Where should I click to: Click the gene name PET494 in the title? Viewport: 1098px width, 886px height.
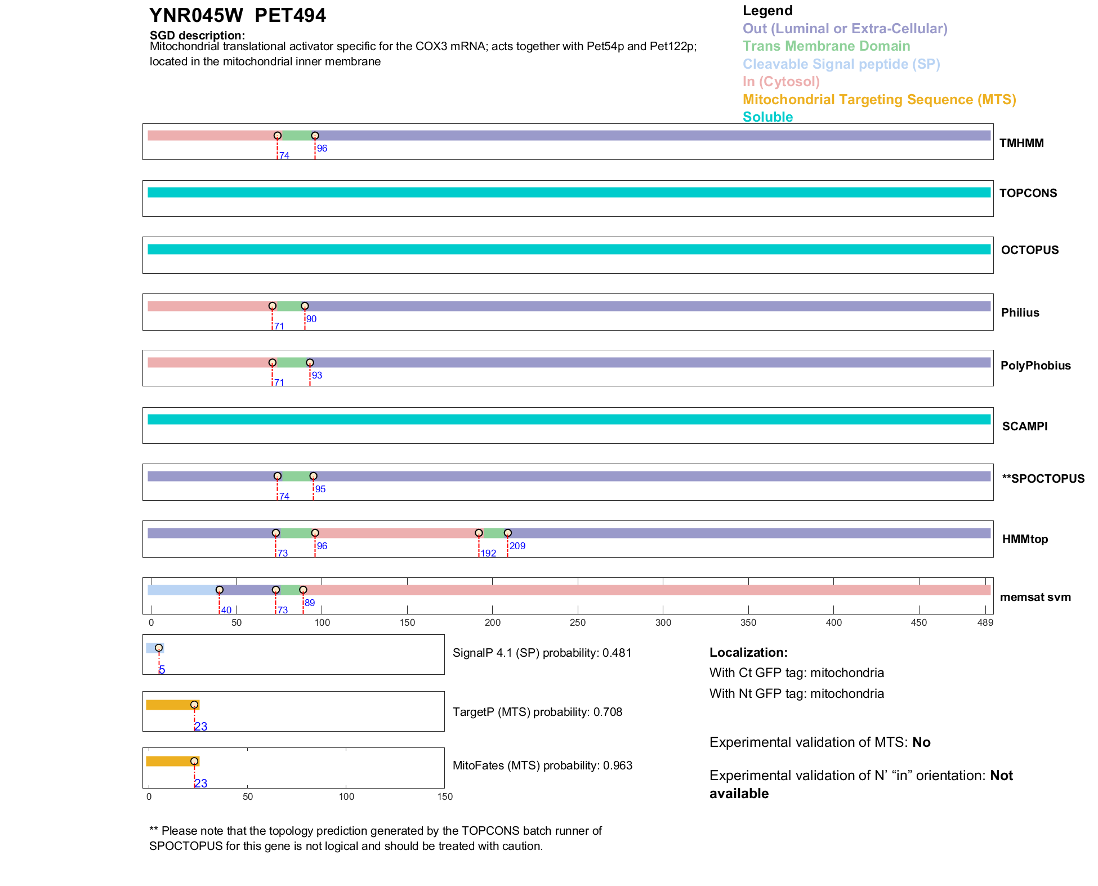click(290, 16)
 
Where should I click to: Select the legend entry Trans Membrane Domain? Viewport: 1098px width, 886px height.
click(826, 46)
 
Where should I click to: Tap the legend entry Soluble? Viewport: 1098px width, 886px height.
click(767, 117)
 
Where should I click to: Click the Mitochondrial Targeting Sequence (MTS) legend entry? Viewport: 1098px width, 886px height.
click(879, 100)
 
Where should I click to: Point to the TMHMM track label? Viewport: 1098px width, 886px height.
click(1021, 143)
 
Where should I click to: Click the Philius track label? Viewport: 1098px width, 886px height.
click(1020, 313)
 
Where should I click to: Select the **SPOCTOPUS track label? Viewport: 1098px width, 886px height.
click(1043, 479)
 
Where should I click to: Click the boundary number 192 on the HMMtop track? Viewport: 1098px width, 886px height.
click(488, 553)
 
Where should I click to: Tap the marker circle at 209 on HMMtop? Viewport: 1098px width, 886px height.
click(507, 533)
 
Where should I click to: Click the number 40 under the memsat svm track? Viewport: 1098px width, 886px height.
click(226, 610)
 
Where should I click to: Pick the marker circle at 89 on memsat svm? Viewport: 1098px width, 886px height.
click(303, 590)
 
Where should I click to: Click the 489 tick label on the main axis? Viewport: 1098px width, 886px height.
click(985, 622)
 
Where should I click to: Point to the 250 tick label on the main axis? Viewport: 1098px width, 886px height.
click(578, 622)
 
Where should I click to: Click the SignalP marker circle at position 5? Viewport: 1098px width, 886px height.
click(159, 648)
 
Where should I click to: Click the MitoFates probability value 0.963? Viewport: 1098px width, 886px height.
click(618, 765)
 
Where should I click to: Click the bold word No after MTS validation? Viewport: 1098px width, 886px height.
click(921, 742)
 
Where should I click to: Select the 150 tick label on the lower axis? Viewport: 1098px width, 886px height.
click(445, 796)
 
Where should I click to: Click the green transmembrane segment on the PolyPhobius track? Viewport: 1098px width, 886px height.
click(291, 363)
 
